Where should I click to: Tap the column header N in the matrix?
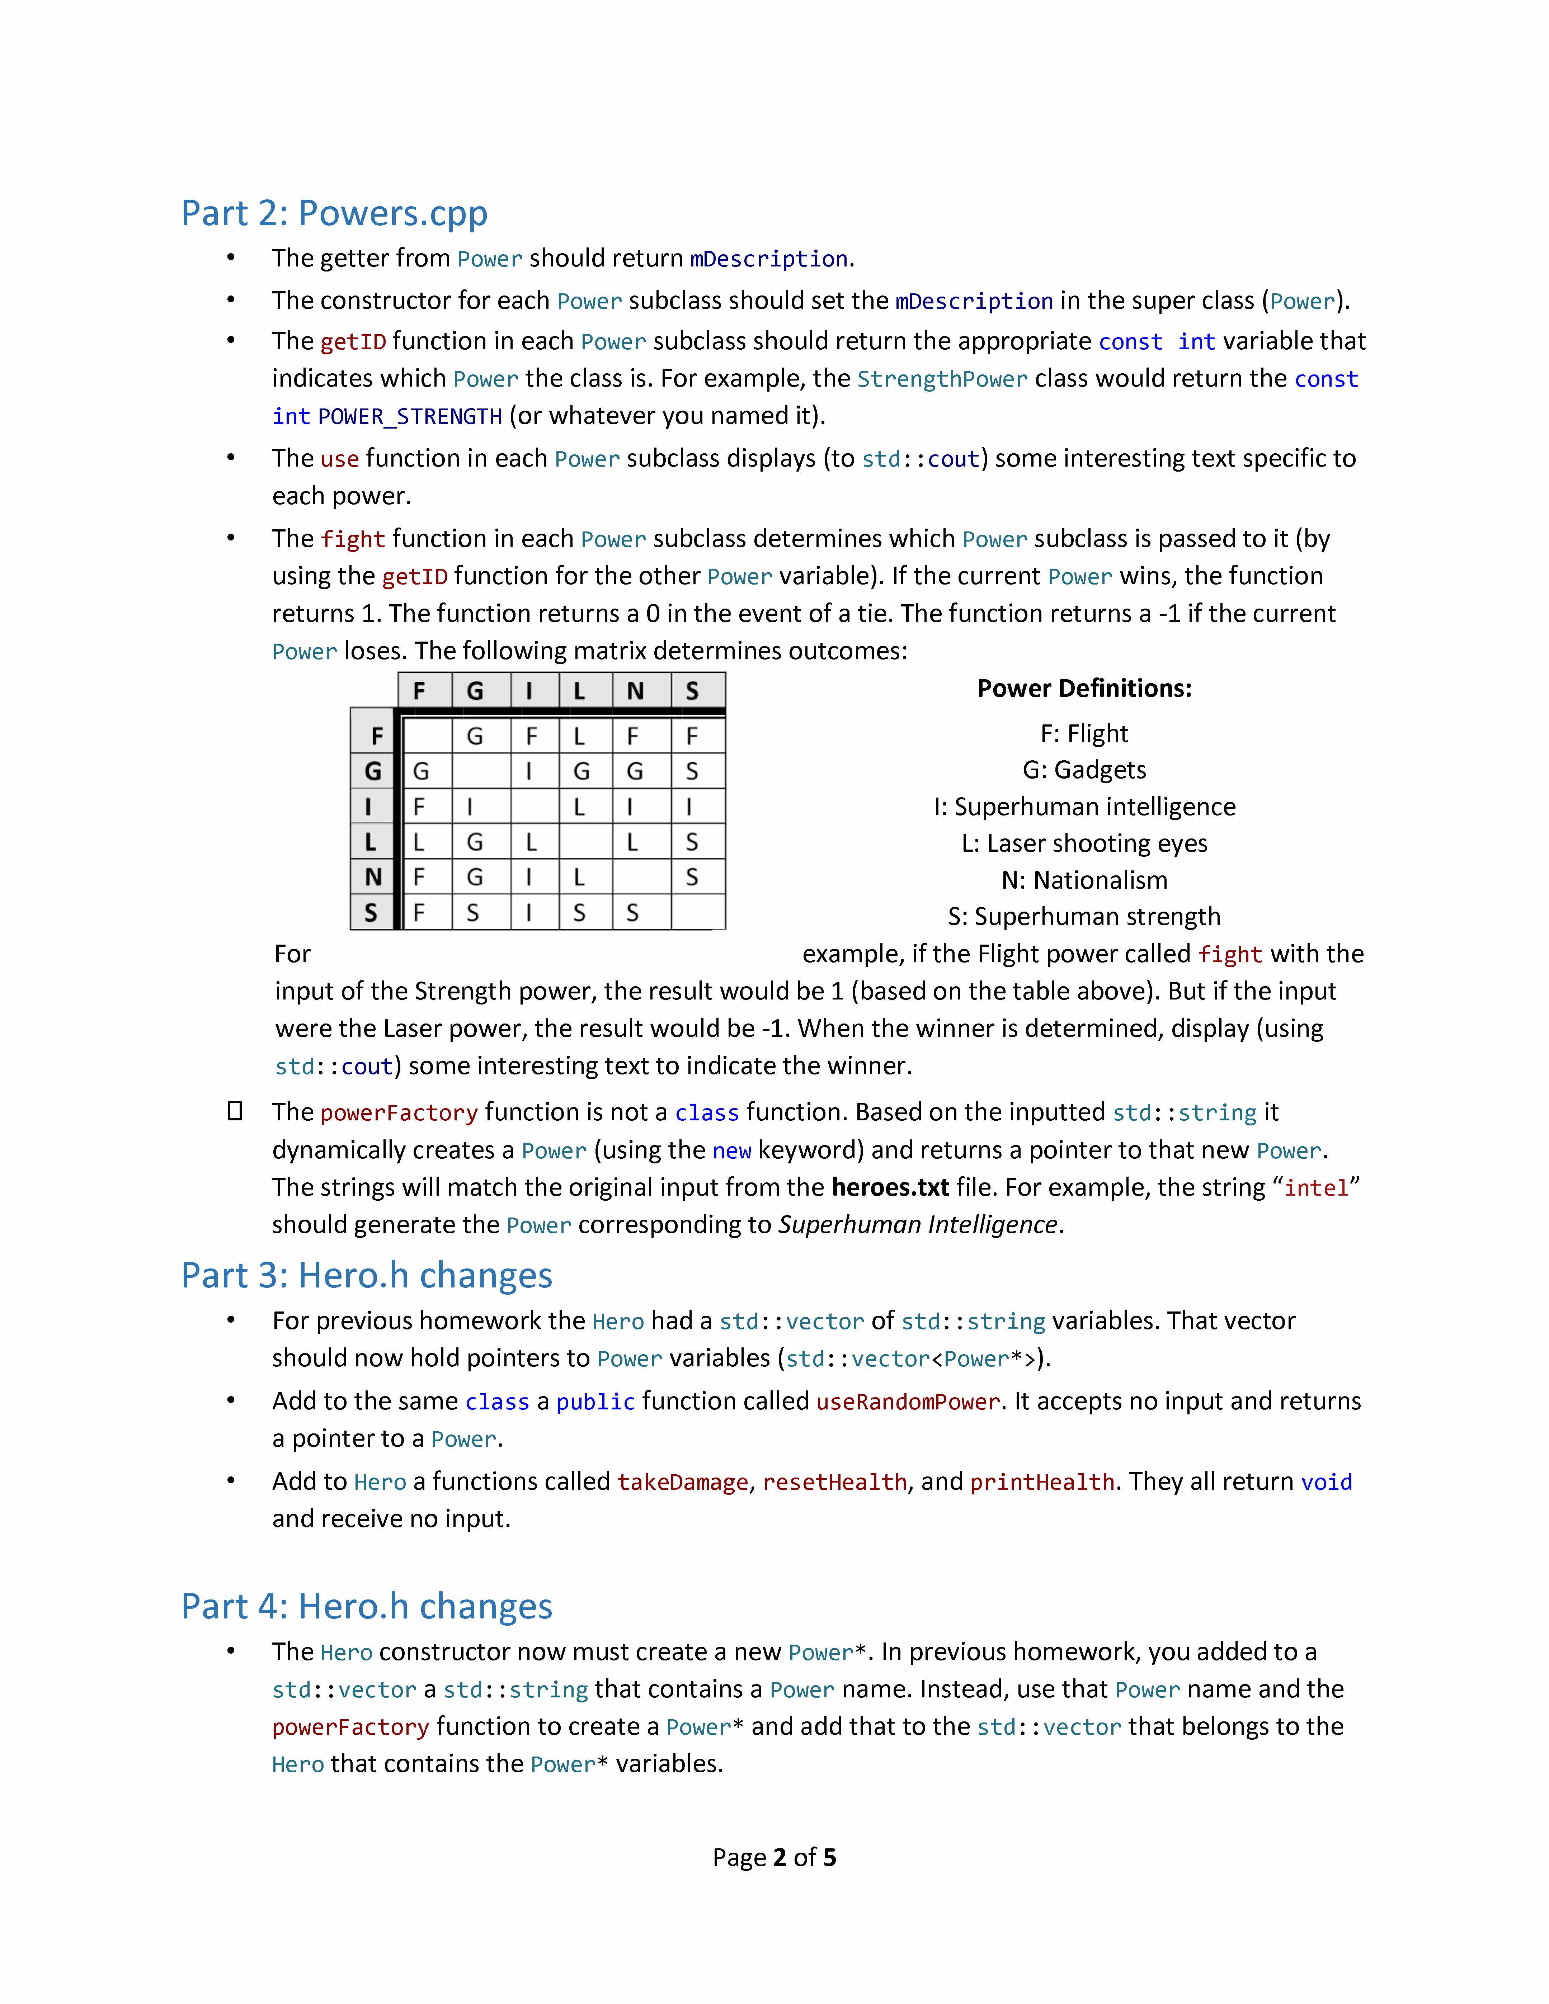pyautogui.click(x=635, y=691)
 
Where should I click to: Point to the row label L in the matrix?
pyautogui.click(x=372, y=841)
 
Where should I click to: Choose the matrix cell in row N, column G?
pyautogui.click(x=475, y=877)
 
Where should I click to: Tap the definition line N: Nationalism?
pyautogui.click(x=1084, y=880)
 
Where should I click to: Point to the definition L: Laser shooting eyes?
pyautogui.click(x=1084, y=843)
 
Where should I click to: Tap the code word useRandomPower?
pyautogui.click(x=908, y=1402)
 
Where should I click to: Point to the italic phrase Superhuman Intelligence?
pyautogui.click(x=918, y=1225)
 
